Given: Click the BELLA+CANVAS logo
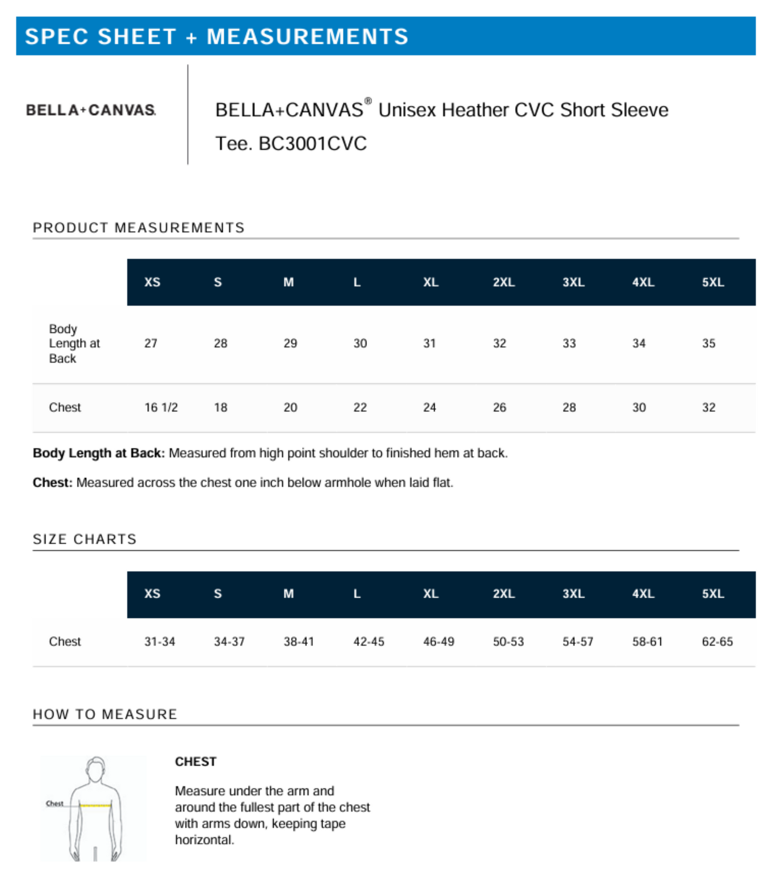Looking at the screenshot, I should click(91, 110).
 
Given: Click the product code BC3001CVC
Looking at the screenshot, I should click(312, 144).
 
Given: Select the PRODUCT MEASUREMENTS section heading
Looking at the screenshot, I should click(138, 228).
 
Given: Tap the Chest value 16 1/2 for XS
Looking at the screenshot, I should click(161, 407).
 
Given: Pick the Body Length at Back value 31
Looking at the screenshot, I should click(429, 343).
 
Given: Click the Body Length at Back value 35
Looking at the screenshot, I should click(708, 343).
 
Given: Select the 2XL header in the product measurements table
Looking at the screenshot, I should click(503, 282).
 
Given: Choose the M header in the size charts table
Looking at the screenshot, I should click(288, 594).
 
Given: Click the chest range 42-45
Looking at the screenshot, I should click(368, 642).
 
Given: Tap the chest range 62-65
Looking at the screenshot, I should click(717, 642).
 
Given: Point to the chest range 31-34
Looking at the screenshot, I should click(159, 642).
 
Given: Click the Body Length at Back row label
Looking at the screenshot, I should click(74, 343).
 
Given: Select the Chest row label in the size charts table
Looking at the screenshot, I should click(65, 642).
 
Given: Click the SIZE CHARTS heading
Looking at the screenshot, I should click(85, 539).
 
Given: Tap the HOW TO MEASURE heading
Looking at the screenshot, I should click(105, 714).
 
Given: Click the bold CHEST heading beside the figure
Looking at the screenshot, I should click(195, 762).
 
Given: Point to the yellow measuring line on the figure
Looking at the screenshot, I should click(95, 806).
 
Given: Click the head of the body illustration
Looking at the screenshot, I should click(95, 768).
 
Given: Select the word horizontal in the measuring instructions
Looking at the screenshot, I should click(204, 840).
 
